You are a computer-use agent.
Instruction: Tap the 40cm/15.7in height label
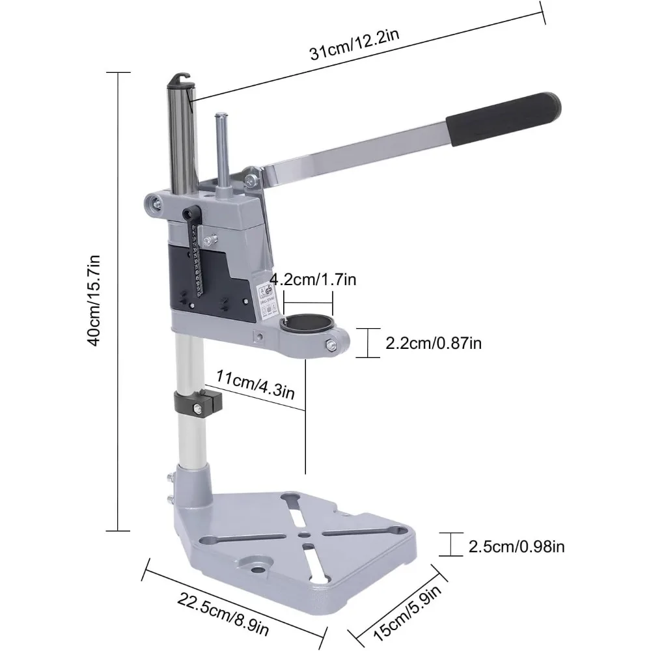95,301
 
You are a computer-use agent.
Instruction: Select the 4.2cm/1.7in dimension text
313,281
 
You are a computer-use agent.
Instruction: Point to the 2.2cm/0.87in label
433,343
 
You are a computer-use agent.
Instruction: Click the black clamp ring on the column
198,404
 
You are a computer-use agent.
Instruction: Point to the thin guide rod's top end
221,118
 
